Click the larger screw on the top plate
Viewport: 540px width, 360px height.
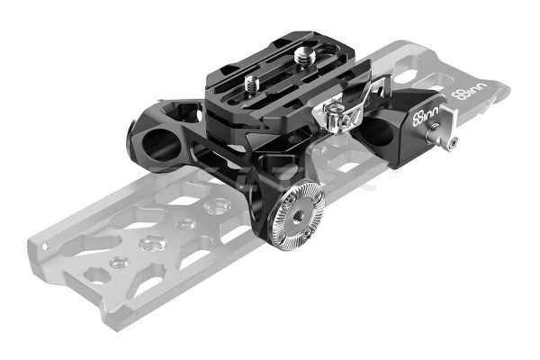(x=302, y=54)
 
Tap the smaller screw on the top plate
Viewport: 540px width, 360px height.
(x=251, y=83)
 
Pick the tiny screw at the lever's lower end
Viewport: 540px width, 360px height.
(x=454, y=141)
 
